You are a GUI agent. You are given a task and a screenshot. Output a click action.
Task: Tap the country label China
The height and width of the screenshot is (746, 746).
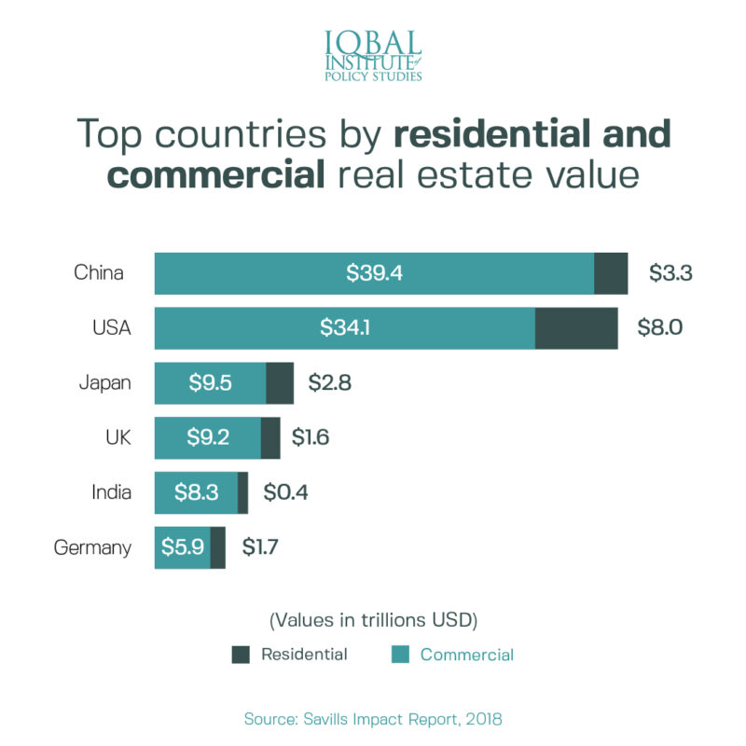click(x=99, y=273)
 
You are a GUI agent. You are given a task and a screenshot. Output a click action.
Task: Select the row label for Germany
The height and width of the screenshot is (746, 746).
click(x=92, y=547)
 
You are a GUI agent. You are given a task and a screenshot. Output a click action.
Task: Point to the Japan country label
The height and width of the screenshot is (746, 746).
click(x=104, y=383)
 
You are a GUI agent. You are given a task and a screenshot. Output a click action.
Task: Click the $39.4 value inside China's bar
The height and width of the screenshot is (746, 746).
click(x=374, y=273)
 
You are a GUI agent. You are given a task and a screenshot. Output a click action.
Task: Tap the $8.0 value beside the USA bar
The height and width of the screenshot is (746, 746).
click(x=660, y=328)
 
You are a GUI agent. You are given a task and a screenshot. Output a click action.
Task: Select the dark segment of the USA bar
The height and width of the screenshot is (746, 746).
click(x=576, y=328)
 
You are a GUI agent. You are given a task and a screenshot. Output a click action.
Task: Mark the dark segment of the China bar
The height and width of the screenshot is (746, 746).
click(x=611, y=273)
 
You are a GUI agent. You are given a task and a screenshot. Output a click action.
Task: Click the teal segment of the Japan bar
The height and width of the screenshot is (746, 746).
click(x=210, y=383)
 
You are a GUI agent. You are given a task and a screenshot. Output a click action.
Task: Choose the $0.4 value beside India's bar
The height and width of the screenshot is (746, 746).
click(x=285, y=492)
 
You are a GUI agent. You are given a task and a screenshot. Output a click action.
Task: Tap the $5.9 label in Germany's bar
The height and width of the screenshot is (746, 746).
click(x=183, y=547)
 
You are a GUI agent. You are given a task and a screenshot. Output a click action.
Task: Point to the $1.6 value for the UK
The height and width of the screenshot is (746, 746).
click(x=311, y=438)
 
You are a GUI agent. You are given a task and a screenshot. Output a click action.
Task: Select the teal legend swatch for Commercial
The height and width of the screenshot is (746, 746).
click(x=399, y=655)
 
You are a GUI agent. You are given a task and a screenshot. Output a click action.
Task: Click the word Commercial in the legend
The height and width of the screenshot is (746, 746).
click(x=466, y=655)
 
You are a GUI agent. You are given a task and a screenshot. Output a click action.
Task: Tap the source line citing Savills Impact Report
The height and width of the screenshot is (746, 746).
click(x=372, y=719)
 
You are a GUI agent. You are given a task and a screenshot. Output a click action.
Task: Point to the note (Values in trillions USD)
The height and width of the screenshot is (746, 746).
click(x=373, y=619)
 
